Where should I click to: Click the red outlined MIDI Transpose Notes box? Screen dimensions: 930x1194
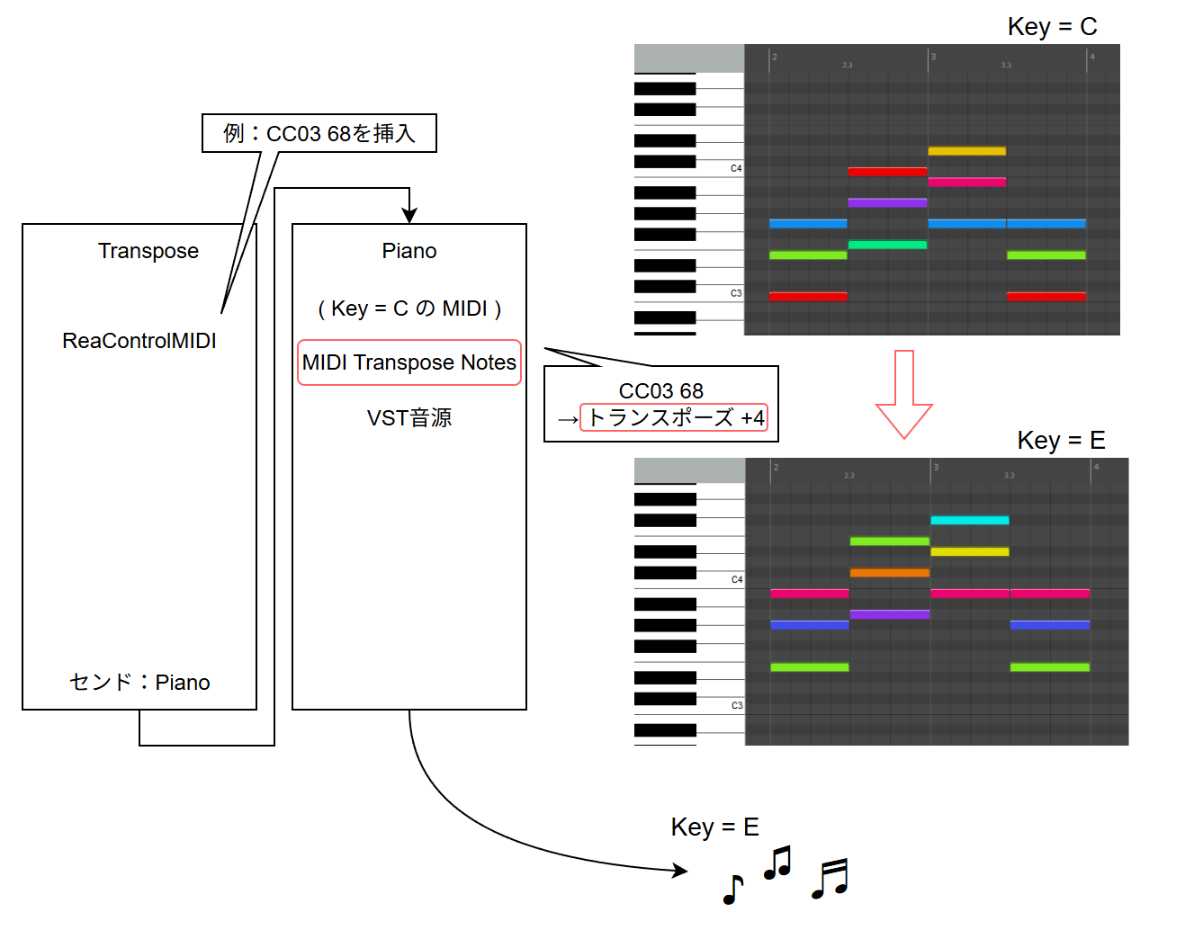409,362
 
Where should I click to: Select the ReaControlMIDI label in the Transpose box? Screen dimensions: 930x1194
139,341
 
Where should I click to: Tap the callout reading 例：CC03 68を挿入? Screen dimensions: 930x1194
319,133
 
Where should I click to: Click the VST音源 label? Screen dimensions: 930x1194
409,417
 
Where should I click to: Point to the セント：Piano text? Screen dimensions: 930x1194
139,682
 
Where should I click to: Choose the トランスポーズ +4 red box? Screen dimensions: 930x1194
674,417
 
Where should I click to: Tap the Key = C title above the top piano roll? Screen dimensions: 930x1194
1052,27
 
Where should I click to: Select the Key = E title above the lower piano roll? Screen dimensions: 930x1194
1061,440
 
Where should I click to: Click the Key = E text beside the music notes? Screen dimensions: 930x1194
715,827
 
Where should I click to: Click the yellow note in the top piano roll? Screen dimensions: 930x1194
966,151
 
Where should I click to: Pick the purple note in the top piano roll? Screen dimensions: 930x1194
887,202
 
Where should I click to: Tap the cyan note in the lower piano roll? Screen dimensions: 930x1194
969,520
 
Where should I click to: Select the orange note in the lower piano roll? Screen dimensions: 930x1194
889,572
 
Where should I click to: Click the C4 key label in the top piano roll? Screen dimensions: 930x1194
736,168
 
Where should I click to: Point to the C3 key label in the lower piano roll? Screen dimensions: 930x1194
737,705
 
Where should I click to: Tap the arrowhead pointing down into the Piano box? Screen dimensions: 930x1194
409,216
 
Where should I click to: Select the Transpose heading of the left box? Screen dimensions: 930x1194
148,251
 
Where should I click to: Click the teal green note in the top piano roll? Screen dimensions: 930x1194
887,245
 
